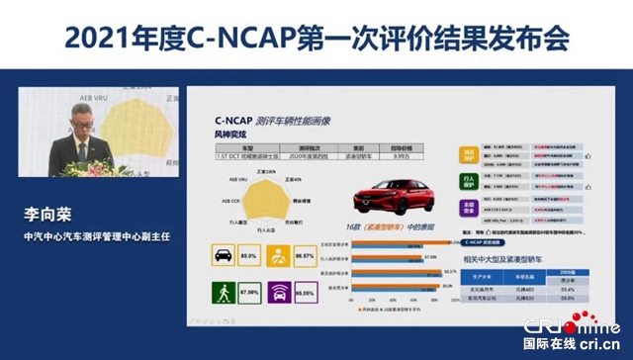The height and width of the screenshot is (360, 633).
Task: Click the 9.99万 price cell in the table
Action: pos(423,154)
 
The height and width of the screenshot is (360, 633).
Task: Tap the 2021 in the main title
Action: pos(92,38)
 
